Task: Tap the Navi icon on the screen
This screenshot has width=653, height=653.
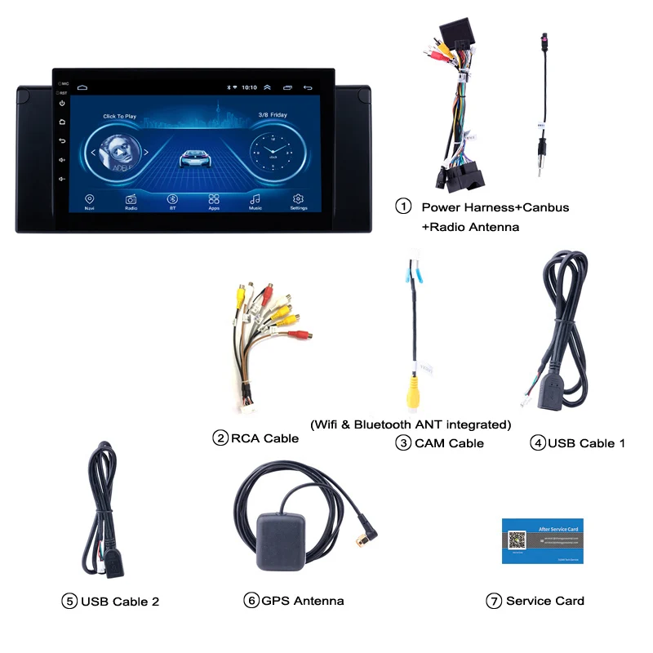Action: (x=89, y=199)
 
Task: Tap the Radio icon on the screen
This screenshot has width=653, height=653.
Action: (x=131, y=199)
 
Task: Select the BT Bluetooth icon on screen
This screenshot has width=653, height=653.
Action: (x=172, y=199)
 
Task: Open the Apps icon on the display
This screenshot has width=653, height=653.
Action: (x=214, y=199)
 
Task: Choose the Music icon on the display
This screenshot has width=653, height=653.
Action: (x=255, y=199)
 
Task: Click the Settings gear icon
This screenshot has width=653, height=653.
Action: (x=298, y=199)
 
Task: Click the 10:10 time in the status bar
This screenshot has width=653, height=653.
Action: (x=249, y=87)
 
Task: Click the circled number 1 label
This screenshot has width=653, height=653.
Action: (x=403, y=207)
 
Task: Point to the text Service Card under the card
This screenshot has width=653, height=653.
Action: (x=544, y=601)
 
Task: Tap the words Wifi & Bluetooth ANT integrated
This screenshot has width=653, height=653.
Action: (x=411, y=424)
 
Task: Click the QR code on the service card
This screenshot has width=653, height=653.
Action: (x=518, y=540)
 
